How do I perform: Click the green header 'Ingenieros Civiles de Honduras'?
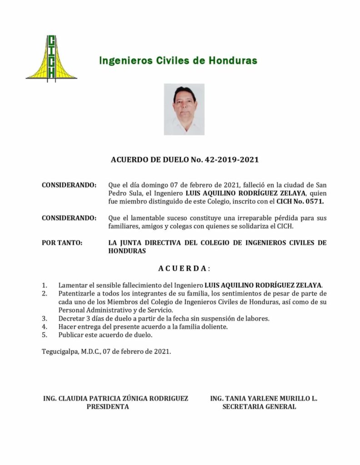point(178,60)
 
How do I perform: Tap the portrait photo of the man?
point(184,109)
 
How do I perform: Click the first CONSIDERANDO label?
point(69,185)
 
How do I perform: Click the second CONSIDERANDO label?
point(69,218)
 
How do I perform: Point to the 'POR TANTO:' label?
point(62,243)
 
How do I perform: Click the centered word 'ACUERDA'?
point(182,268)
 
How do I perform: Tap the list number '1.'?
point(45,285)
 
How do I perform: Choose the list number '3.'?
point(45,318)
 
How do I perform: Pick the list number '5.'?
point(45,335)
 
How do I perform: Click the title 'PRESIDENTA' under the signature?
point(108,407)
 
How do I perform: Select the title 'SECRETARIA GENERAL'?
point(259,407)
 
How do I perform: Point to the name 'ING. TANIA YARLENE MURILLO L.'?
point(264,398)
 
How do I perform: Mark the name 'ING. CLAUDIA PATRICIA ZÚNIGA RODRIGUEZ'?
point(115,398)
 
